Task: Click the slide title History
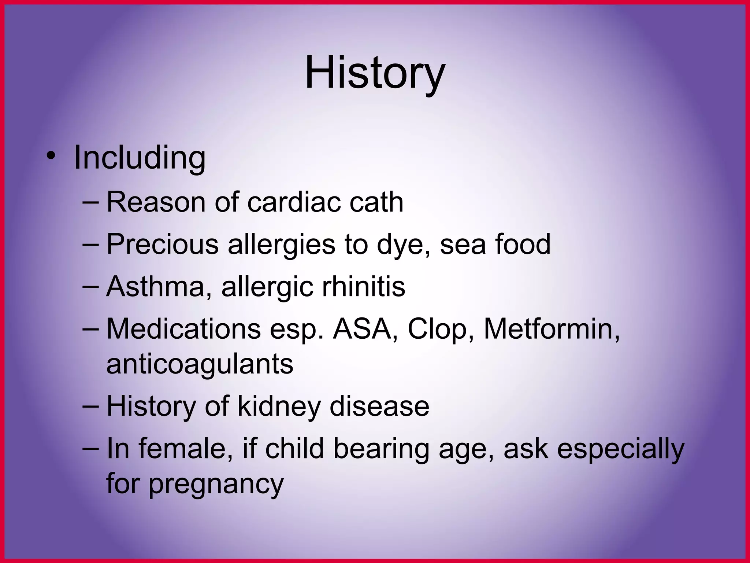(375, 73)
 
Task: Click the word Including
(140, 158)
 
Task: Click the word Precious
(162, 244)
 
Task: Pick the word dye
(403, 245)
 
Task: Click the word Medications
(183, 329)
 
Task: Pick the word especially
(620, 449)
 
